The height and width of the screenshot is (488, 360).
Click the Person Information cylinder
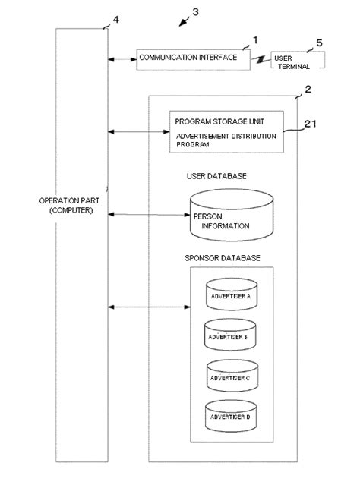[231, 216]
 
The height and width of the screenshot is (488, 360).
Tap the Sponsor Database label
[223, 258]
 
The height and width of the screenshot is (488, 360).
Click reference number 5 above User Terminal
[319, 43]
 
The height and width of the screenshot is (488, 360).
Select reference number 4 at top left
[115, 19]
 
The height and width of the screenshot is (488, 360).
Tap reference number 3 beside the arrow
[195, 11]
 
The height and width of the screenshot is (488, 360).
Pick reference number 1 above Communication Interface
[255, 39]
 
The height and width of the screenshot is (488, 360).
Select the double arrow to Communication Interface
[122, 58]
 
